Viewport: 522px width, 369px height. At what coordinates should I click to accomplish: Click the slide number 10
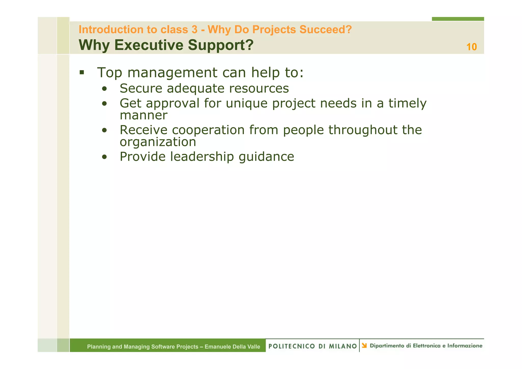point(471,47)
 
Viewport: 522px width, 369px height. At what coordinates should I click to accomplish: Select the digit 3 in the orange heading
point(194,30)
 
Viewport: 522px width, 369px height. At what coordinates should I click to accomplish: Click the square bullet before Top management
point(82,72)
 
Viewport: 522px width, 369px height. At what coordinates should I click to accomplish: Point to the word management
point(172,73)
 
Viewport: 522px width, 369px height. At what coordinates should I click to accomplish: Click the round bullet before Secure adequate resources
point(104,89)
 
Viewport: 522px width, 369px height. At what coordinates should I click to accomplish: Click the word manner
point(143,115)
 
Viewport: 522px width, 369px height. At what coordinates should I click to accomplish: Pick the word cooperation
point(208,130)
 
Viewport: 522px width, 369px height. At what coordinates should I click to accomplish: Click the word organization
point(158,142)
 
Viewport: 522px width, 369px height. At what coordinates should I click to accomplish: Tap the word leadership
point(202,157)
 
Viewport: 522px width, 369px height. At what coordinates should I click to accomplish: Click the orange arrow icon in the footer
point(364,346)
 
